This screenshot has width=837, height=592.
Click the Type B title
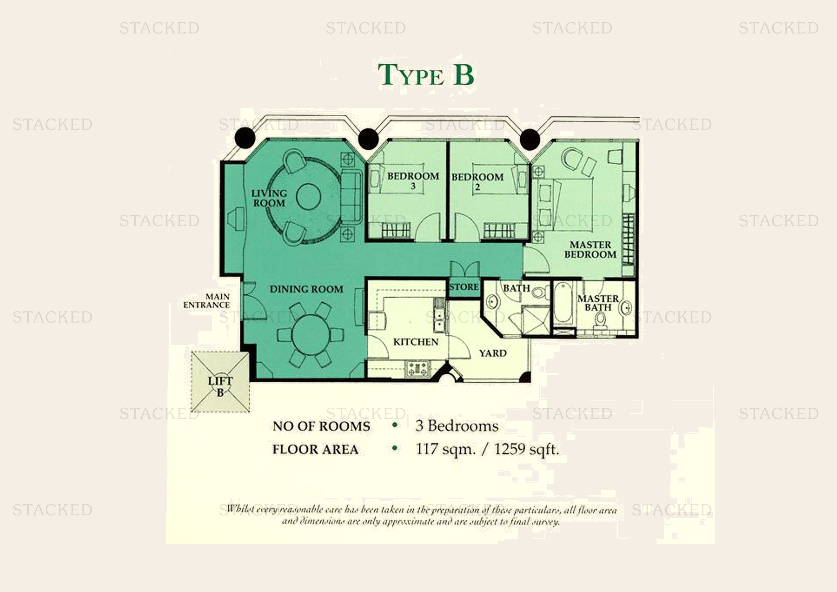(x=425, y=76)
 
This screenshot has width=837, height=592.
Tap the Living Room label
(x=269, y=198)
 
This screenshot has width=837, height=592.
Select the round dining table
(x=310, y=335)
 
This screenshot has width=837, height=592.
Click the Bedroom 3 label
(x=413, y=180)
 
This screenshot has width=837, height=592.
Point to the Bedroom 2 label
(x=478, y=181)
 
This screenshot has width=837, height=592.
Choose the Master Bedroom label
(x=590, y=250)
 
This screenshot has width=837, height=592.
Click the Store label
(x=464, y=287)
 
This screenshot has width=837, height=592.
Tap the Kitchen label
(x=415, y=342)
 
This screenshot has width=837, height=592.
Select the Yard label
(x=493, y=353)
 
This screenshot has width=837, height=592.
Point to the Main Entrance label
(x=207, y=301)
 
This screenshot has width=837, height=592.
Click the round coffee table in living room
(x=308, y=196)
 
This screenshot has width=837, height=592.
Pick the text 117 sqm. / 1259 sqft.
(x=487, y=449)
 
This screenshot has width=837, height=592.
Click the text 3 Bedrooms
(x=457, y=426)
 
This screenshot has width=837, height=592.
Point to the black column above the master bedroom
(x=530, y=139)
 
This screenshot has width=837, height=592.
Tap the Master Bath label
(x=598, y=303)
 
